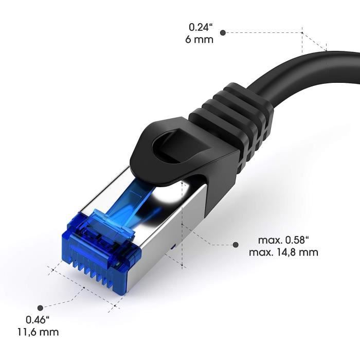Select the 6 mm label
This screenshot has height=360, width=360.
click(x=200, y=39)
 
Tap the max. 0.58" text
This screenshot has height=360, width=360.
click(x=283, y=240)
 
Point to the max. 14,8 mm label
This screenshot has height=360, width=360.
click(x=283, y=253)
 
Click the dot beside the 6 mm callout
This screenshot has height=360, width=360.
click(x=223, y=32)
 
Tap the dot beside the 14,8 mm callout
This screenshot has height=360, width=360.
click(x=236, y=245)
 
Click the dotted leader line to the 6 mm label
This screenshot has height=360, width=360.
click(x=262, y=32)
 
